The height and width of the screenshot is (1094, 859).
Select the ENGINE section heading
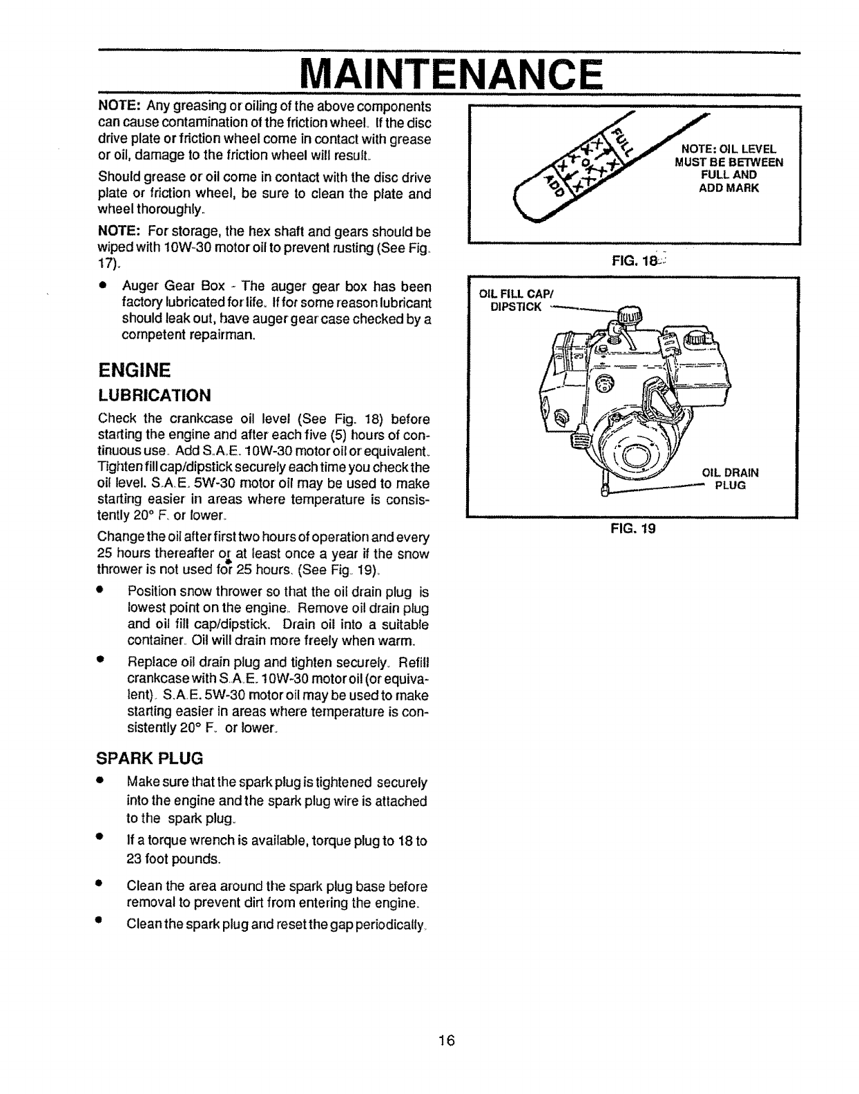click(134, 370)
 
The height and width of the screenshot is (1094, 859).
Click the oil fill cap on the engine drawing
click(628, 318)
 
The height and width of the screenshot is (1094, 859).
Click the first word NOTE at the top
click(120, 106)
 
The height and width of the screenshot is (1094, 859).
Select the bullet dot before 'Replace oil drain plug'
click(101, 659)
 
